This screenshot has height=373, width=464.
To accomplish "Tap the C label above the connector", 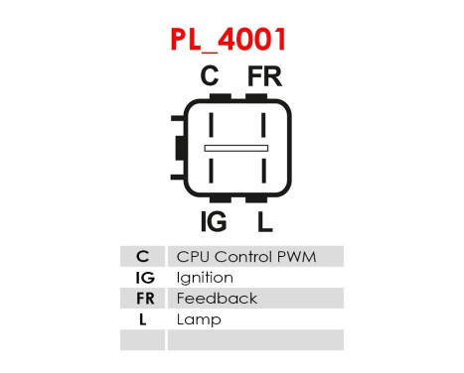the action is tap(210, 76).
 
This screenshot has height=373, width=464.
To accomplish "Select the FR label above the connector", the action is tap(264, 76).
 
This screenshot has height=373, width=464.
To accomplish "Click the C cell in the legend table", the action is tap(143, 257).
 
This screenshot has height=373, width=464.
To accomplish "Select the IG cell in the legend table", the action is tap(143, 278).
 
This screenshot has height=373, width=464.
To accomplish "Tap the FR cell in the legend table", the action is tap(143, 299).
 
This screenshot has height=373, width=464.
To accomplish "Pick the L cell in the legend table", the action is tap(143, 319).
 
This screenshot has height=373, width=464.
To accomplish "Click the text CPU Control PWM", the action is tap(245, 257).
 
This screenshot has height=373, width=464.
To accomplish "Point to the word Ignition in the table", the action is tap(204, 278).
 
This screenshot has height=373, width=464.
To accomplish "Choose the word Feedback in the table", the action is tap(216, 299).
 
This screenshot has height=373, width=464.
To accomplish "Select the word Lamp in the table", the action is tap(199, 319).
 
